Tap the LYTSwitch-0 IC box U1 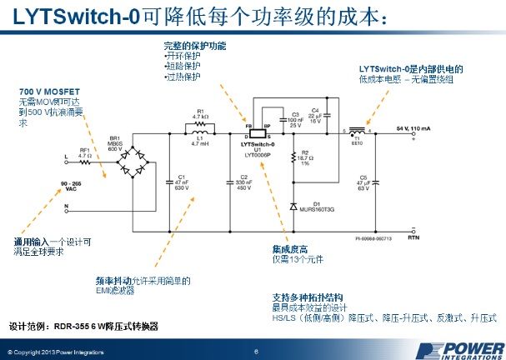tap(258, 133)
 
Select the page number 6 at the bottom tap(255, 351)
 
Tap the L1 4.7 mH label tap(201, 144)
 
